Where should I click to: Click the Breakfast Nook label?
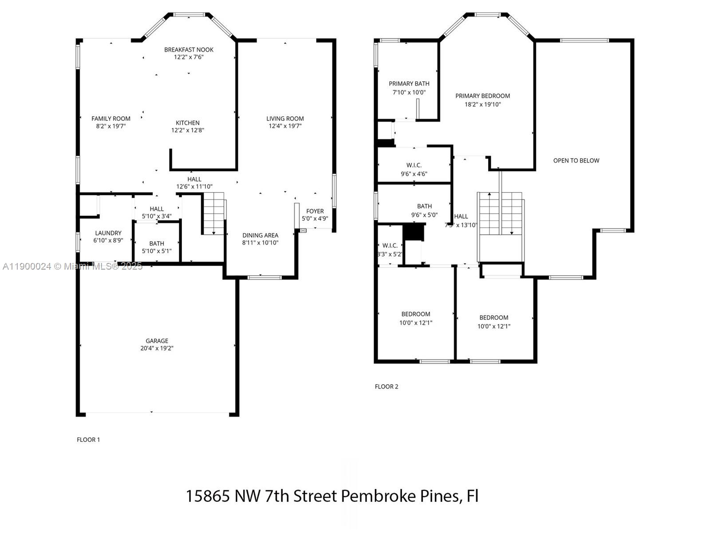coord(189,50)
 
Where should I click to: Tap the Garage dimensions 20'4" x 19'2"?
coord(157,348)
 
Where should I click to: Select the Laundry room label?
coord(108,233)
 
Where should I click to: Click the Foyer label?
coord(315,211)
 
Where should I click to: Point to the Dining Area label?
coord(260,235)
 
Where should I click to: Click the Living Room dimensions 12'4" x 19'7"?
coord(285,126)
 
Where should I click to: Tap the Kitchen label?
coord(187,123)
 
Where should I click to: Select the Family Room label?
coord(110,118)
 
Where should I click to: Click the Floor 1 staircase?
coord(213,213)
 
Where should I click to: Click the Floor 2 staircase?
coord(500,214)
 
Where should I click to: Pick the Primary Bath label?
coord(409,84)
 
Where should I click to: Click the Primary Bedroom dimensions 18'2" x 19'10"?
coord(482,104)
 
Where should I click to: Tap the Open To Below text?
coord(576,160)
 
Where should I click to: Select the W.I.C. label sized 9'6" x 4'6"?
coord(414,165)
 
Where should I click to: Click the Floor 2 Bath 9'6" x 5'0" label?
coord(424,206)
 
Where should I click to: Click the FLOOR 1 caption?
coord(88,440)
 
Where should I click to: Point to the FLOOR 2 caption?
coord(387,386)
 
